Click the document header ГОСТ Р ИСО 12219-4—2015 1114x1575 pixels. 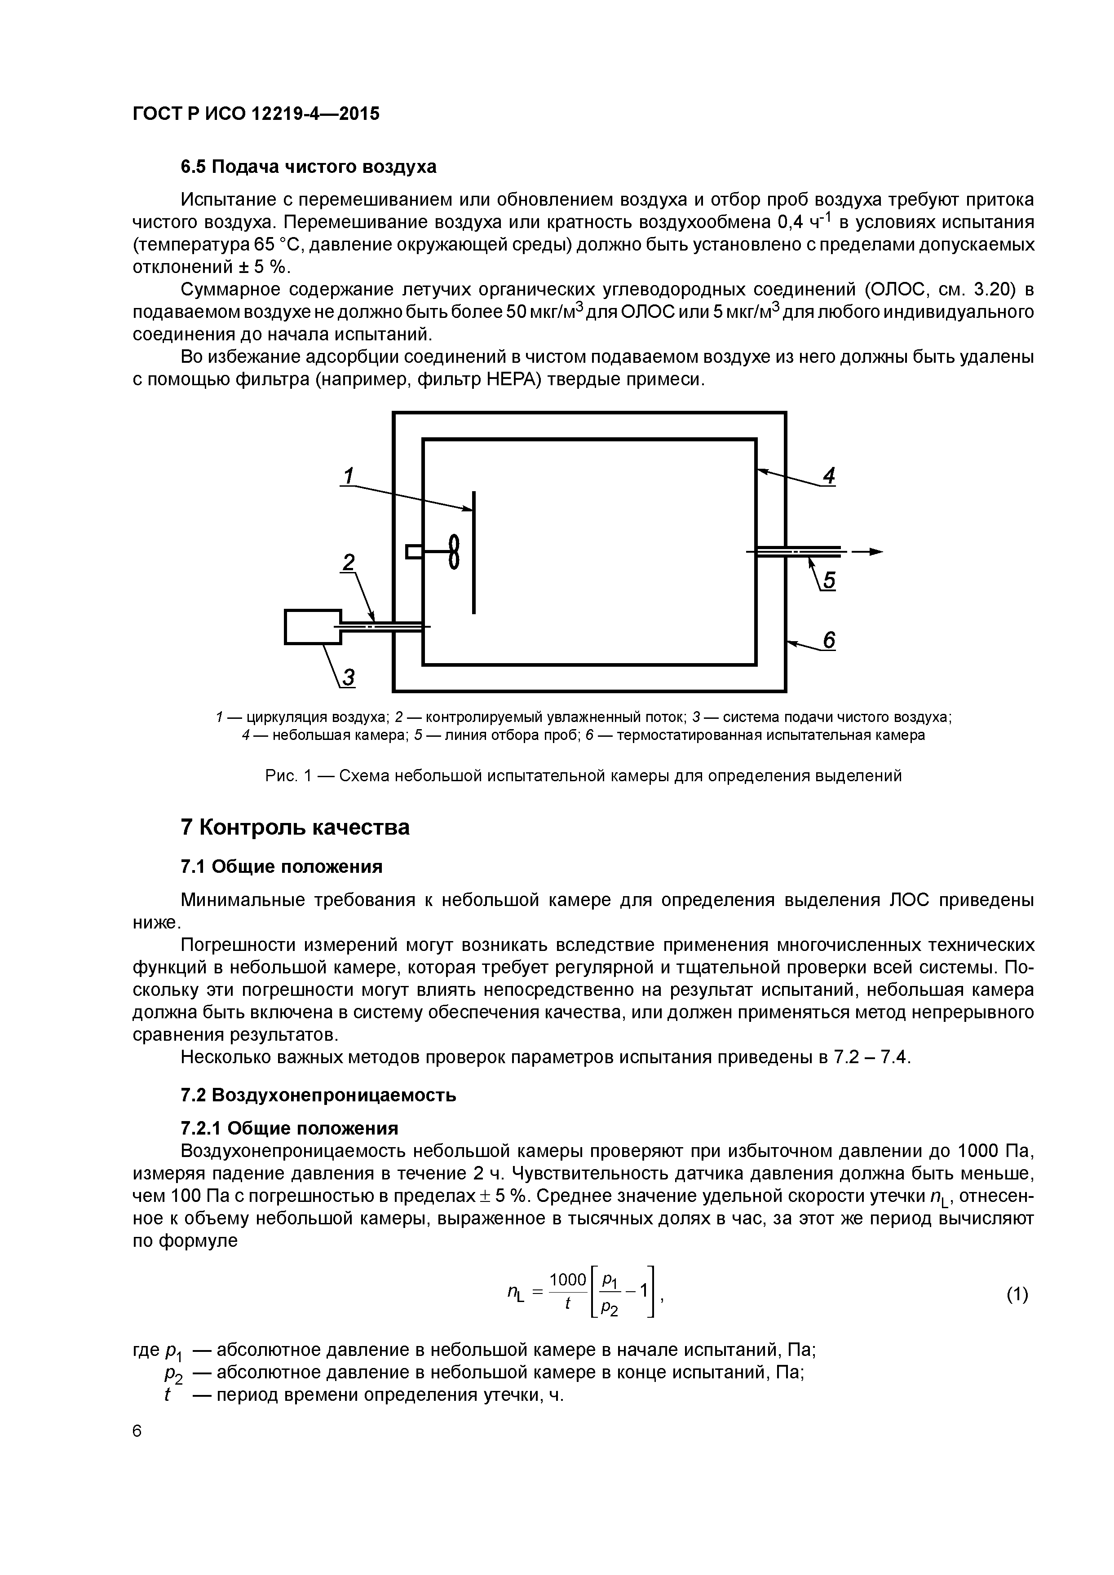(x=255, y=114)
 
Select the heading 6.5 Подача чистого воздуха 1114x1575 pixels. (x=308, y=167)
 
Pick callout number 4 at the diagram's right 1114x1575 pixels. (x=829, y=475)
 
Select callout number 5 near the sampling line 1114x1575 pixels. (x=829, y=581)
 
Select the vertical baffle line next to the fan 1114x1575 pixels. (x=473, y=552)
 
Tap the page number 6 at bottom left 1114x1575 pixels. (x=137, y=1431)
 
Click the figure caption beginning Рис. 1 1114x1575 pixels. (x=583, y=776)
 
